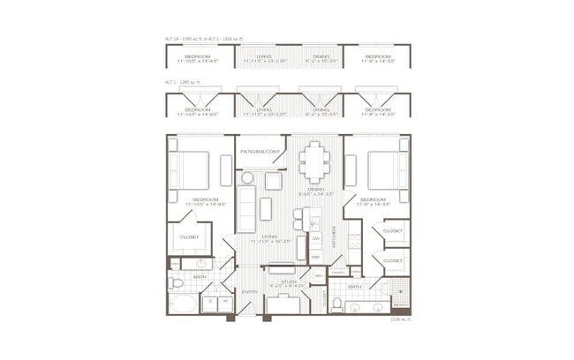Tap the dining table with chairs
[x=314, y=161]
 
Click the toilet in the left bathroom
[x=176, y=284]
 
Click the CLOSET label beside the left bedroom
[x=189, y=236]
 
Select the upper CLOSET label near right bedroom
[x=393, y=232]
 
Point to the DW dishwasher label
[x=315, y=238]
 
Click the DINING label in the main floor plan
[x=315, y=189]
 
